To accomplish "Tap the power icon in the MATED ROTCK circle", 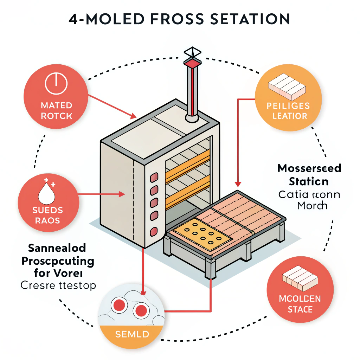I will click(56, 84).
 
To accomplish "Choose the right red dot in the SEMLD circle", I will click(141, 310).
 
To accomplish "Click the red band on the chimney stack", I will click(192, 64).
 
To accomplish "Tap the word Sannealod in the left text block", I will click(57, 248).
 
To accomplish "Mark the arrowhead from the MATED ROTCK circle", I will click(133, 116).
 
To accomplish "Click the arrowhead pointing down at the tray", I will click(238, 184).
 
